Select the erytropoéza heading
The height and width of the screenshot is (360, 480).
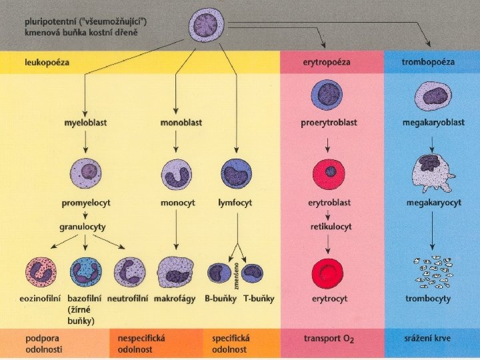coord(327,62)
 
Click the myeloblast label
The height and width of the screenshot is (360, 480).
coord(85,123)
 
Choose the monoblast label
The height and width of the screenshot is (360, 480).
coord(181,123)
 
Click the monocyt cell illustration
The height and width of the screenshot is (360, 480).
coord(177,174)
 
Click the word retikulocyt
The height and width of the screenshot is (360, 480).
coord(331,227)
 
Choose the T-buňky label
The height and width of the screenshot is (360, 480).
coord(258,299)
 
